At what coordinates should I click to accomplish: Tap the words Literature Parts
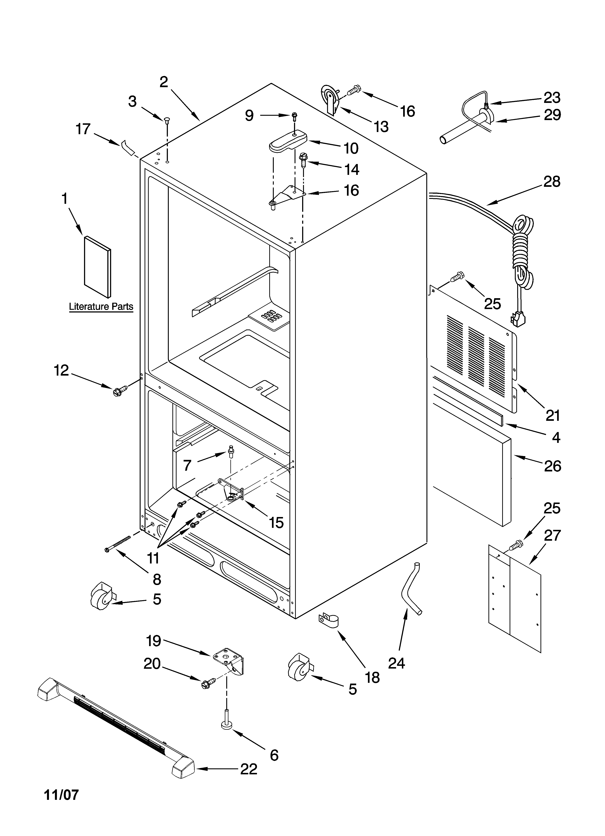(101, 307)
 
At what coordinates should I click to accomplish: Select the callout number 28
(552, 182)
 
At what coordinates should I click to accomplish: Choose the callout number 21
(553, 415)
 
